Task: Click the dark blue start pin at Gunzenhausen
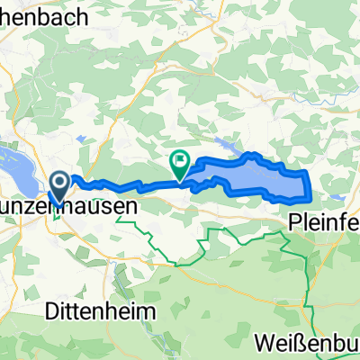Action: click(x=60, y=185)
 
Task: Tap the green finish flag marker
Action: click(x=180, y=162)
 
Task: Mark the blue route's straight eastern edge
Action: click(x=310, y=184)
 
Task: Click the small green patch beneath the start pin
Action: click(x=58, y=213)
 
